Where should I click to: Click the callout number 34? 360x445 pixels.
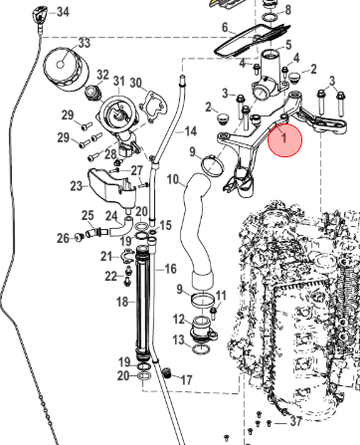(63, 12)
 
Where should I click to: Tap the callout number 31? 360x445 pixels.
(119, 81)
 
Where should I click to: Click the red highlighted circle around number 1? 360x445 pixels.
(284, 139)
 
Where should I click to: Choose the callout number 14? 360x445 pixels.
(190, 131)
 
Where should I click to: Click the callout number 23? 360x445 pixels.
(77, 186)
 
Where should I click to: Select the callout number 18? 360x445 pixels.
(122, 302)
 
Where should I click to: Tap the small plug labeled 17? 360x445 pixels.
(168, 373)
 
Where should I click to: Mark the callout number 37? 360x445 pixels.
(296, 421)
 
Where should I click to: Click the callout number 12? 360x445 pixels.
(179, 320)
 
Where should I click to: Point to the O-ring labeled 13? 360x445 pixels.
(201, 349)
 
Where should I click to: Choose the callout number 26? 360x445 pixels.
(63, 238)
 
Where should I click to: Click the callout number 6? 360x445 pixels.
(225, 27)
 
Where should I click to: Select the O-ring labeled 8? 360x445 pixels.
(270, 17)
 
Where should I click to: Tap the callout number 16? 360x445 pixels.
(170, 269)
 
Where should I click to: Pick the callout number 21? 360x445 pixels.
(106, 256)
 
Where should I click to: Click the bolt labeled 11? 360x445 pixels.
(214, 313)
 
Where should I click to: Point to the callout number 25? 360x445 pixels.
(88, 216)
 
